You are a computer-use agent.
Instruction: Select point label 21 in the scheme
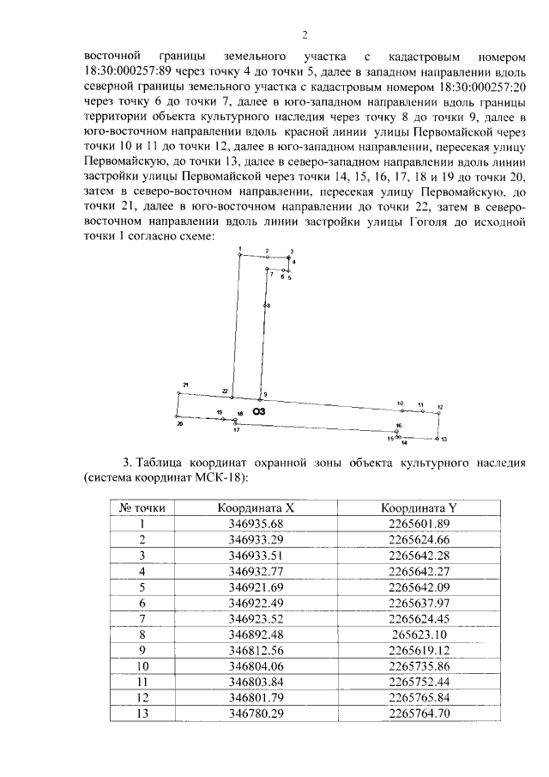pos(185,385)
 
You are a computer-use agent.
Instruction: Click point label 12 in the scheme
pos(439,406)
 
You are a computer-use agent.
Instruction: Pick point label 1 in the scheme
pos(240,247)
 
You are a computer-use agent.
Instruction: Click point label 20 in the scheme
pos(179,423)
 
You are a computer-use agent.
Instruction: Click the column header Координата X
pos(243,507)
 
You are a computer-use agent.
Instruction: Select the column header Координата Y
pos(419,507)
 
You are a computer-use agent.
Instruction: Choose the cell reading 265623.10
pos(419,632)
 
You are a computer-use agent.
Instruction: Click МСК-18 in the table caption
pos(221,477)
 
